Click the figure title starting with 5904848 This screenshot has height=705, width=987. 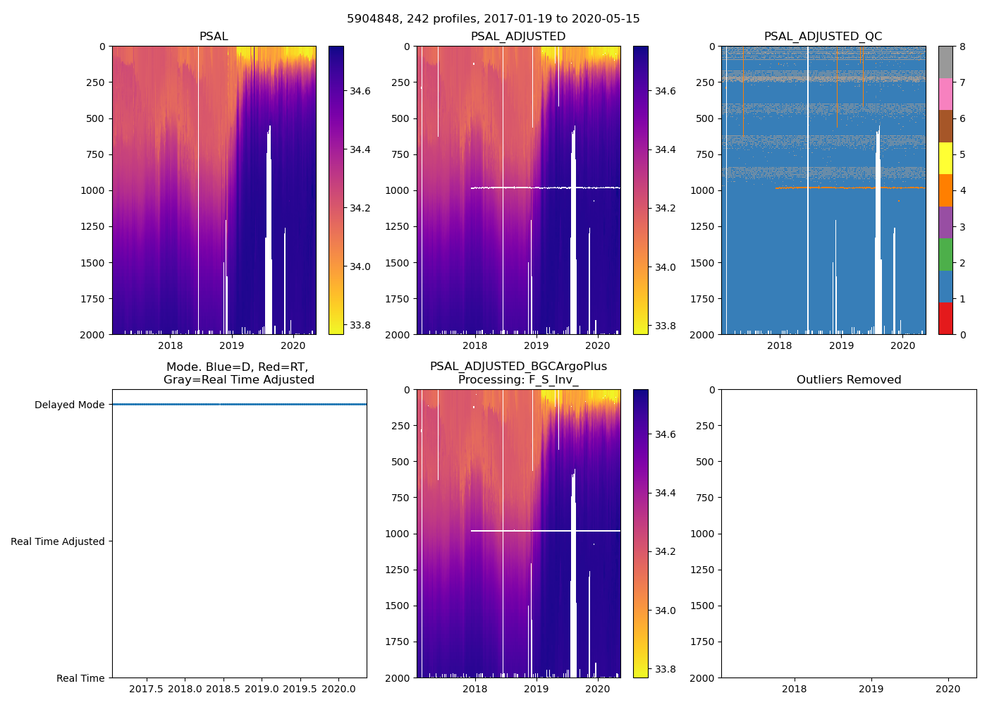(x=493, y=19)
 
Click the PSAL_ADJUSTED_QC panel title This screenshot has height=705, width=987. (x=823, y=37)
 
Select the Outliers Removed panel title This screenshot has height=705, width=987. (x=848, y=380)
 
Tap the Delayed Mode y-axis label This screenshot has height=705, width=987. (x=69, y=405)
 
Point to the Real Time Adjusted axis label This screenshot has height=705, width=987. (x=58, y=541)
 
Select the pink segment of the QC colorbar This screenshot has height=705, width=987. (x=945, y=94)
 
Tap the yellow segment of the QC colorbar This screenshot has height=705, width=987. (x=945, y=158)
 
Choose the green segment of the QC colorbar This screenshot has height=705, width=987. (x=945, y=254)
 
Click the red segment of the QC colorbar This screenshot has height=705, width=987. (x=945, y=318)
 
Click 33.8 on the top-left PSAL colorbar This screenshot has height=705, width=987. (x=360, y=325)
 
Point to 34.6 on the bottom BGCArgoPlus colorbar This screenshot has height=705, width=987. (x=665, y=434)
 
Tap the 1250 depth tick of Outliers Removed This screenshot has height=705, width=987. (x=702, y=570)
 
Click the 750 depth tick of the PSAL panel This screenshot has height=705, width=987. (x=93, y=154)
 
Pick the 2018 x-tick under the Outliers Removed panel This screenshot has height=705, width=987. (x=795, y=689)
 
